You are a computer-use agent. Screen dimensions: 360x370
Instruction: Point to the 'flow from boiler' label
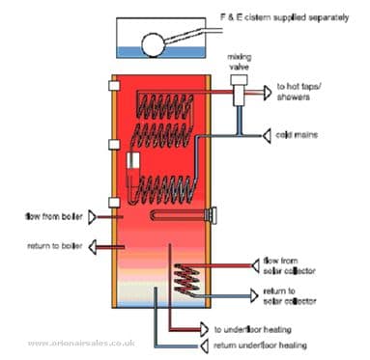point(49,213)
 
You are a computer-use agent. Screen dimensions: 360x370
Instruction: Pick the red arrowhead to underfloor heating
point(206,327)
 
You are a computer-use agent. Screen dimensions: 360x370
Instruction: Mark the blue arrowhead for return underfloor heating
point(206,344)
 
